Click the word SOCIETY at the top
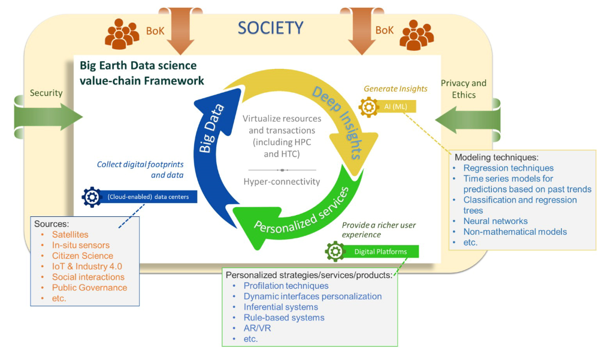coord(271,28)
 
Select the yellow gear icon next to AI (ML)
coord(368,107)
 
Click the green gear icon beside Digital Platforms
coord(334,252)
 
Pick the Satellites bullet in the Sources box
coord(70,234)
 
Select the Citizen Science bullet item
coord(82,256)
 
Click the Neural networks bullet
coord(495,221)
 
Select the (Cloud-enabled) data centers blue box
coord(148,196)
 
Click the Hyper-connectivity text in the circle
coord(282,181)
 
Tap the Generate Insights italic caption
coord(395,89)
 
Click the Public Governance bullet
coord(89,288)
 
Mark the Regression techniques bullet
coord(508,168)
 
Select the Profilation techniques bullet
coord(286,286)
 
